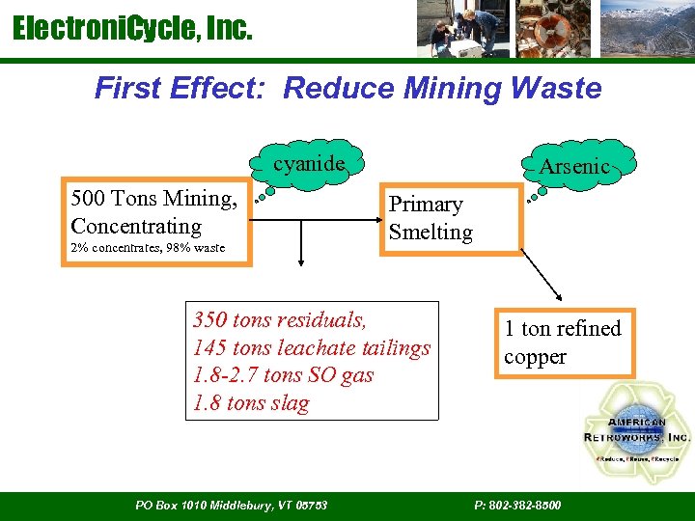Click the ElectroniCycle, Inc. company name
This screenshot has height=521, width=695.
(132, 30)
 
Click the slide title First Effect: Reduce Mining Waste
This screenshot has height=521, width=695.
(347, 89)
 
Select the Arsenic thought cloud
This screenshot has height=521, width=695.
(574, 166)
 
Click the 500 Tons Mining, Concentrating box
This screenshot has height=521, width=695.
(155, 213)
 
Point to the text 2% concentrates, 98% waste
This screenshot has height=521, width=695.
(148, 248)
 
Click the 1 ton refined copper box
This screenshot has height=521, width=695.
(564, 343)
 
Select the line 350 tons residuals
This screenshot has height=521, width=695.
(280, 319)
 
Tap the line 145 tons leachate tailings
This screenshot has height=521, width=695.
(312, 347)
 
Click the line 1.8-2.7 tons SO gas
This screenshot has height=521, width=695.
(283, 375)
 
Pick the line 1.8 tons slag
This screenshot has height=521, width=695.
(251, 403)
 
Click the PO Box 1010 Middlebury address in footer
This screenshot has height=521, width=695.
(231, 506)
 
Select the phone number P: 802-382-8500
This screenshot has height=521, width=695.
(517, 506)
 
